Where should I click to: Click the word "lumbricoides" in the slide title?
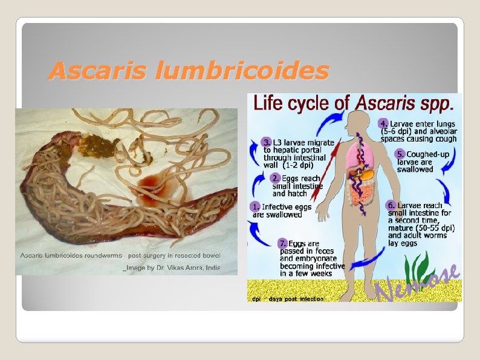pos(242,71)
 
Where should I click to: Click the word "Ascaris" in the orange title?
pos(98,71)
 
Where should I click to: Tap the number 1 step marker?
pos(256,206)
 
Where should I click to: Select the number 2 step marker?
pos(275,178)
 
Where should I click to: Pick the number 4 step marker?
pos(383,123)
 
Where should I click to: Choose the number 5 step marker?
pos(400,154)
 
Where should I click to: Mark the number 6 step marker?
pos(391,205)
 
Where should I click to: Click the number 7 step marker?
pos(282,243)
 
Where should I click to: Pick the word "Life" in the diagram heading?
pos(267,103)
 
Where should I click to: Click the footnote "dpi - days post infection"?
pos(288,298)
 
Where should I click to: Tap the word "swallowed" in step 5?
pos(415,169)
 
